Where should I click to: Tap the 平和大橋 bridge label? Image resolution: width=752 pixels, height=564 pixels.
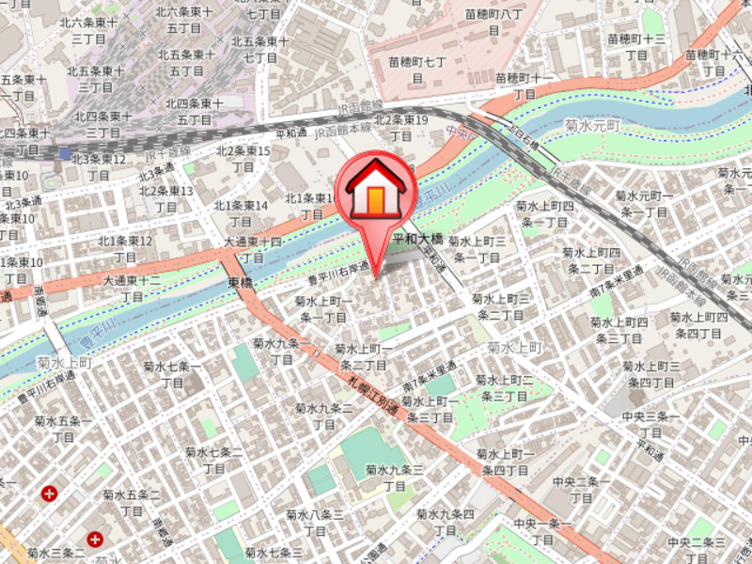tap(417, 240)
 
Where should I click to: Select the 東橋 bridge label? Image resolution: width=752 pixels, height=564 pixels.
tap(240, 283)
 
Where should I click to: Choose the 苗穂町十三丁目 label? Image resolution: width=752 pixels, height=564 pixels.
tap(636, 47)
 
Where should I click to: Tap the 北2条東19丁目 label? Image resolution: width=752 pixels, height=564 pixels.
tap(401, 128)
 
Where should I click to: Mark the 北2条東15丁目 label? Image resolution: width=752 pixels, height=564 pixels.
tap(243, 159)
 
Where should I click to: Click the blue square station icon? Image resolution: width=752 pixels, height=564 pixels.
tap(64, 153)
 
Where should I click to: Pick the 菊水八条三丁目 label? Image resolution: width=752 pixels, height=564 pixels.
tap(315, 522)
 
